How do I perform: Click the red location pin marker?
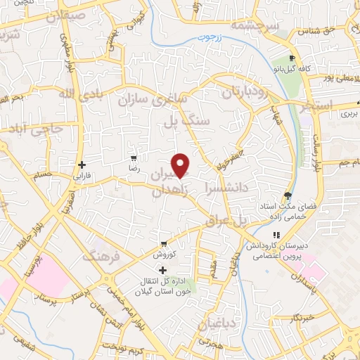[181, 165]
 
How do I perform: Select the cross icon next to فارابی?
[82, 165]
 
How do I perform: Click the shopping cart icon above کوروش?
[164, 243]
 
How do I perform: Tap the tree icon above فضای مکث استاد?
[288, 195]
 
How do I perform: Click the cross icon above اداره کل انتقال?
[163, 270]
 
